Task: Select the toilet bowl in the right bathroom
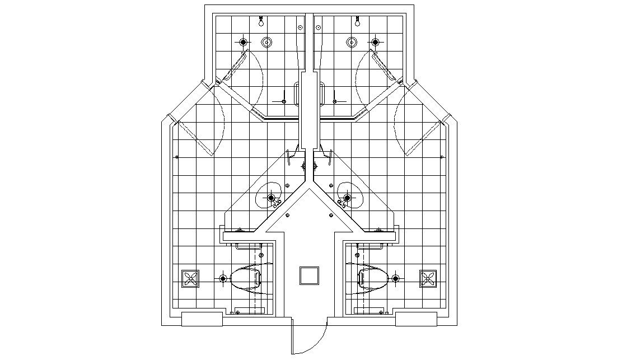pos(374,278)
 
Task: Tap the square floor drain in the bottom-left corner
pos(190,278)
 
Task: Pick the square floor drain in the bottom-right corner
pos(430,278)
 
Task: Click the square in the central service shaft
pos(310,275)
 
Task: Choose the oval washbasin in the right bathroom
pos(351,196)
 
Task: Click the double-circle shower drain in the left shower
pos(268,42)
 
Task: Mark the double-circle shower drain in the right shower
pos(352,42)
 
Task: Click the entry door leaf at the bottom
pos(292,335)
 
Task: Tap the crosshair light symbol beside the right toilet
pos(395,278)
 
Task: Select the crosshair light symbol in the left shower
pos(243,42)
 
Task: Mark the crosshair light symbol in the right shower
pos(375,42)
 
